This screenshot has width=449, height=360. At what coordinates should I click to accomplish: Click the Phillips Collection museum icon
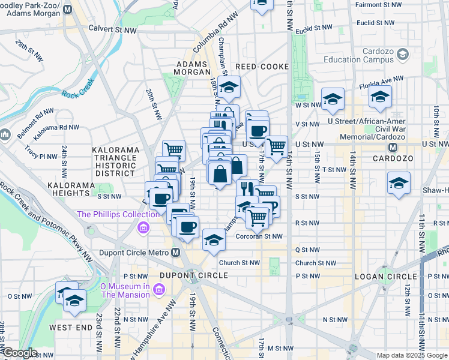[x=143, y=227]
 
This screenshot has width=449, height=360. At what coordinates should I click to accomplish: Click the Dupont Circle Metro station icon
[x=175, y=253]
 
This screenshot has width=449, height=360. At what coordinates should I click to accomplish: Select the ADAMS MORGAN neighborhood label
[x=191, y=68]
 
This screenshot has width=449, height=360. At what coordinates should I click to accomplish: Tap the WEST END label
[x=71, y=328]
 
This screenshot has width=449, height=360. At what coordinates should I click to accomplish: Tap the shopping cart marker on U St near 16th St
[x=276, y=146]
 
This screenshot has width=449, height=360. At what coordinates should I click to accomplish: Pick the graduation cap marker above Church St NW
[x=212, y=240]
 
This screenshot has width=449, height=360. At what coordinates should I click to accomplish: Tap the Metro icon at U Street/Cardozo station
[x=393, y=147]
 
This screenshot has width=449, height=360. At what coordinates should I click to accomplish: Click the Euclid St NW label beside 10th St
[x=375, y=22]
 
